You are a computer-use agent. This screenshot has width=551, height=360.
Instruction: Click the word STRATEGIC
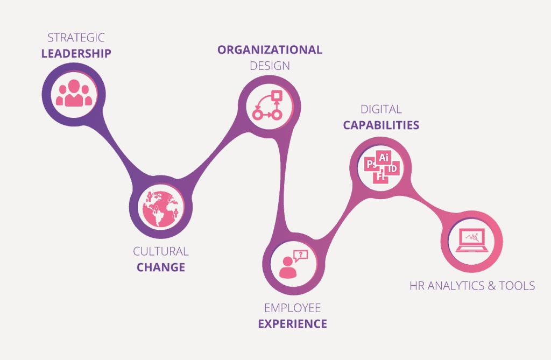tap(76, 38)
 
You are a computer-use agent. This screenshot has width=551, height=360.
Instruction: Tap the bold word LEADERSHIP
tap(76, 53)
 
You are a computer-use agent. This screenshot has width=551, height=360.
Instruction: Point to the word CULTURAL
tap(161, 251)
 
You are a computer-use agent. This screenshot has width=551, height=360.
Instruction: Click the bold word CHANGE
tap(161, 267)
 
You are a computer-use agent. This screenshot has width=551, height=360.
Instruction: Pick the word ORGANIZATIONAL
tap(270, 50)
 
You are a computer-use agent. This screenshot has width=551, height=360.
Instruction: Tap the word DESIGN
tap(270, 66)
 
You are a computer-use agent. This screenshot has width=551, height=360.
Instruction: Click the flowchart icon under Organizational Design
tap(268, 105)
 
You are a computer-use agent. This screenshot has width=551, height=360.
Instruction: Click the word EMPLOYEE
tap(292, 308)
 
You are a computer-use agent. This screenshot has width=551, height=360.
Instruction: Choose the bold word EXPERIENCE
tap(292, 323)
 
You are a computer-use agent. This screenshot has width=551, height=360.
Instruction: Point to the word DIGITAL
tap(381, 109)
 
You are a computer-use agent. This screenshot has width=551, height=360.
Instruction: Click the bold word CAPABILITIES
tap(381, 125)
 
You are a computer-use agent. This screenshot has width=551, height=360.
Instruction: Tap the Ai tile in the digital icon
tap(384, 157)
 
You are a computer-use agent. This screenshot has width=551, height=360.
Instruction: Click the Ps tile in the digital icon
tap(371, 164)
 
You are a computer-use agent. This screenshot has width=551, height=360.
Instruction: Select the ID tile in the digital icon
tap(393, 169)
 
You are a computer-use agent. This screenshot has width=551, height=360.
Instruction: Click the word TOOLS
tap(515, 285)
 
